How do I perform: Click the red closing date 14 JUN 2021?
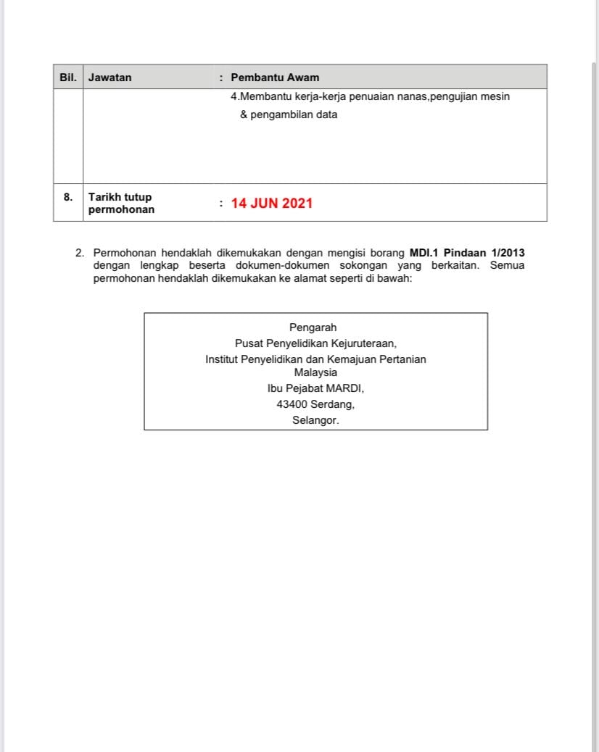coord(272,204)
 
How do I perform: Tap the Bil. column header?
coord(67,77)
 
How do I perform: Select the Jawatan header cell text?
coord(110,78)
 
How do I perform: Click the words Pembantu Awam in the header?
coord(275,78)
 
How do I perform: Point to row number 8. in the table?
coord(68,196)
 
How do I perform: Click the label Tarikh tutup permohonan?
coord(121,204)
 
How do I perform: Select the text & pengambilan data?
coord(289,114)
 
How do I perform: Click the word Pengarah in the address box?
coord(313,327)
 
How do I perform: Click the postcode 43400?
coord(292,404)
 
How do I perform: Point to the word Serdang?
coord(333,404)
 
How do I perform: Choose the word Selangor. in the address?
coord(315,420)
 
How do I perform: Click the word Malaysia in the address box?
coord(315,372)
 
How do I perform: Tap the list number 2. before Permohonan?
coord(80,253)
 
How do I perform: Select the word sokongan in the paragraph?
coord(363,265)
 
